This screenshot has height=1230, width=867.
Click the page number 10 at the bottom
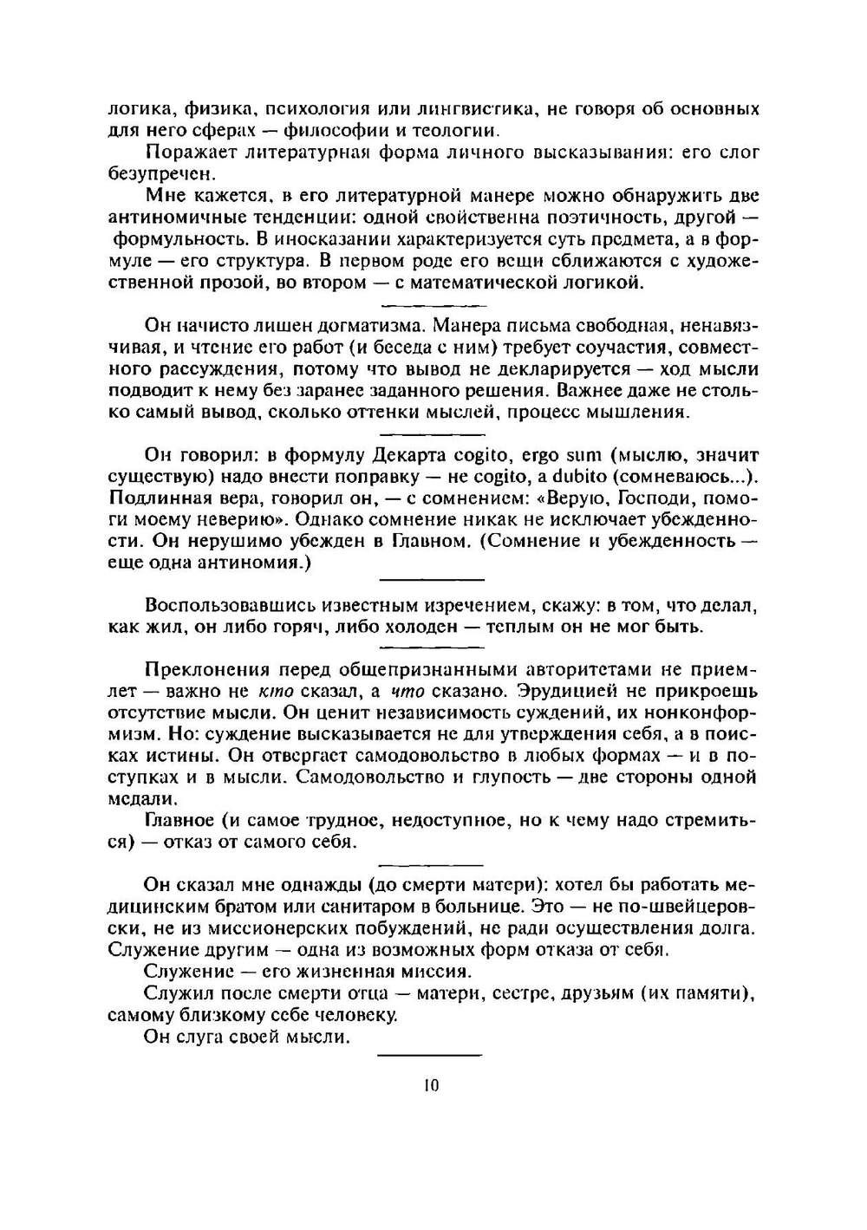pyautogui.click(x=433, y=1085)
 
